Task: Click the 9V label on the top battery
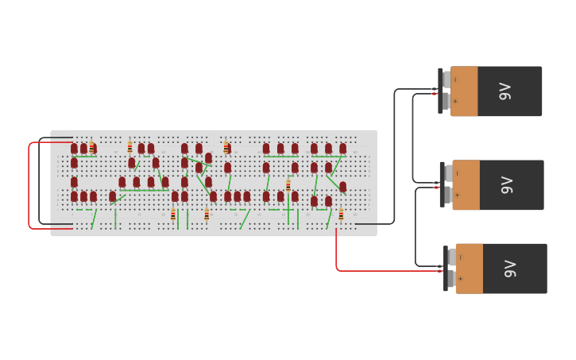[x=505, y=91]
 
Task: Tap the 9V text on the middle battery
[x=507, y=185]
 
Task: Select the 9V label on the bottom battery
[x=510, y=269]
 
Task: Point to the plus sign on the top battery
[x=454, y=101]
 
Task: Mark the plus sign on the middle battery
[x=456, y=195]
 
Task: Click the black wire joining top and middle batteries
[x=413, y=135]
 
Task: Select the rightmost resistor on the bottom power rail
[x=341, y=215]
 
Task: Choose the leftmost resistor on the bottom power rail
[x=172, y=214]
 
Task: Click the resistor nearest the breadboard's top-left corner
[x=92, y=148]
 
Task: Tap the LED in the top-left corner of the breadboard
[x=74, y=149]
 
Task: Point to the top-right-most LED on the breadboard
[x=342, y=149]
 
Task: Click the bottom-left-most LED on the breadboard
[x=74, y=196]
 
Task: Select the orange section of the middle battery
[x=466, y=185]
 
